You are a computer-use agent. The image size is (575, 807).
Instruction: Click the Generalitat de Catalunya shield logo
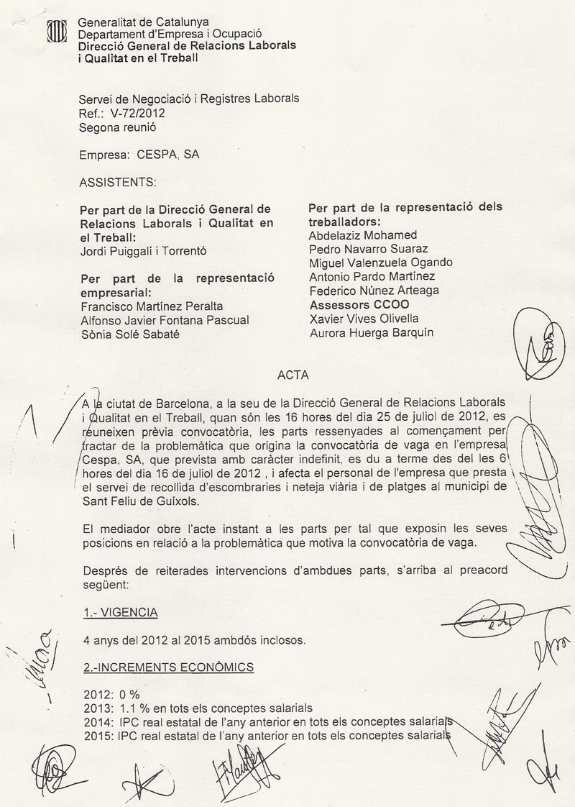click(x=56, y=32)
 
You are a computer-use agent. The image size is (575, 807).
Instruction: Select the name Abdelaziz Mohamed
click(x=362, y=235)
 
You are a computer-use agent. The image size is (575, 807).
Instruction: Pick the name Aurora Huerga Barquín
click(x=371, y=332)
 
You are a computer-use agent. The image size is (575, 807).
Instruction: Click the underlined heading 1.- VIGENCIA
click(x=121, y=614)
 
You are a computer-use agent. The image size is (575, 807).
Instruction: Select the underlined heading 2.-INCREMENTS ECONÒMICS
click(x=168, y=667)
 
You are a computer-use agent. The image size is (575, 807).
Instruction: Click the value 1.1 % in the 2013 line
click(x=126, y=708)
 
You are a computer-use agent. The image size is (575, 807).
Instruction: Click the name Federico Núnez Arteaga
click(x=373, y=291)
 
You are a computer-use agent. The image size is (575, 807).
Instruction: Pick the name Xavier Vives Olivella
click(x=365, y=319)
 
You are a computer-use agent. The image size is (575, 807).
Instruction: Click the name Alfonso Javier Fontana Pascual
click(x=166, y=320)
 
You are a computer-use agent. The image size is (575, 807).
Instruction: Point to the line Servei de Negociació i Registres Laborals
click(x=189, y=99)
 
